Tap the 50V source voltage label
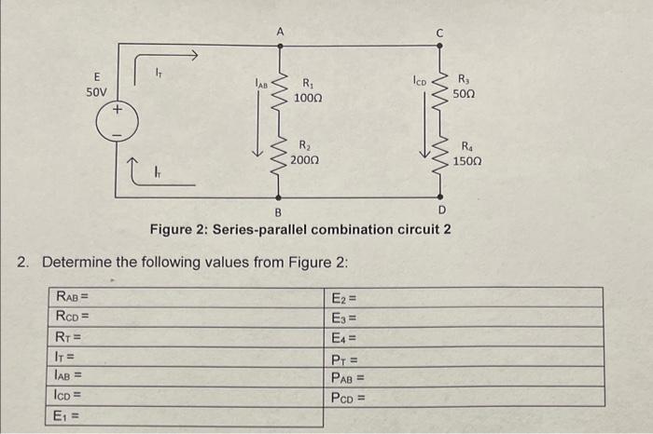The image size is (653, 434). tap(96, 92)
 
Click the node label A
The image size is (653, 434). tap(278, 32)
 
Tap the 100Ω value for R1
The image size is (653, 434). tap(307, 98)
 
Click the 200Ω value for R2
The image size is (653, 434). tap(304, 160)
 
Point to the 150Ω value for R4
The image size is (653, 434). tap(467, 160)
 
